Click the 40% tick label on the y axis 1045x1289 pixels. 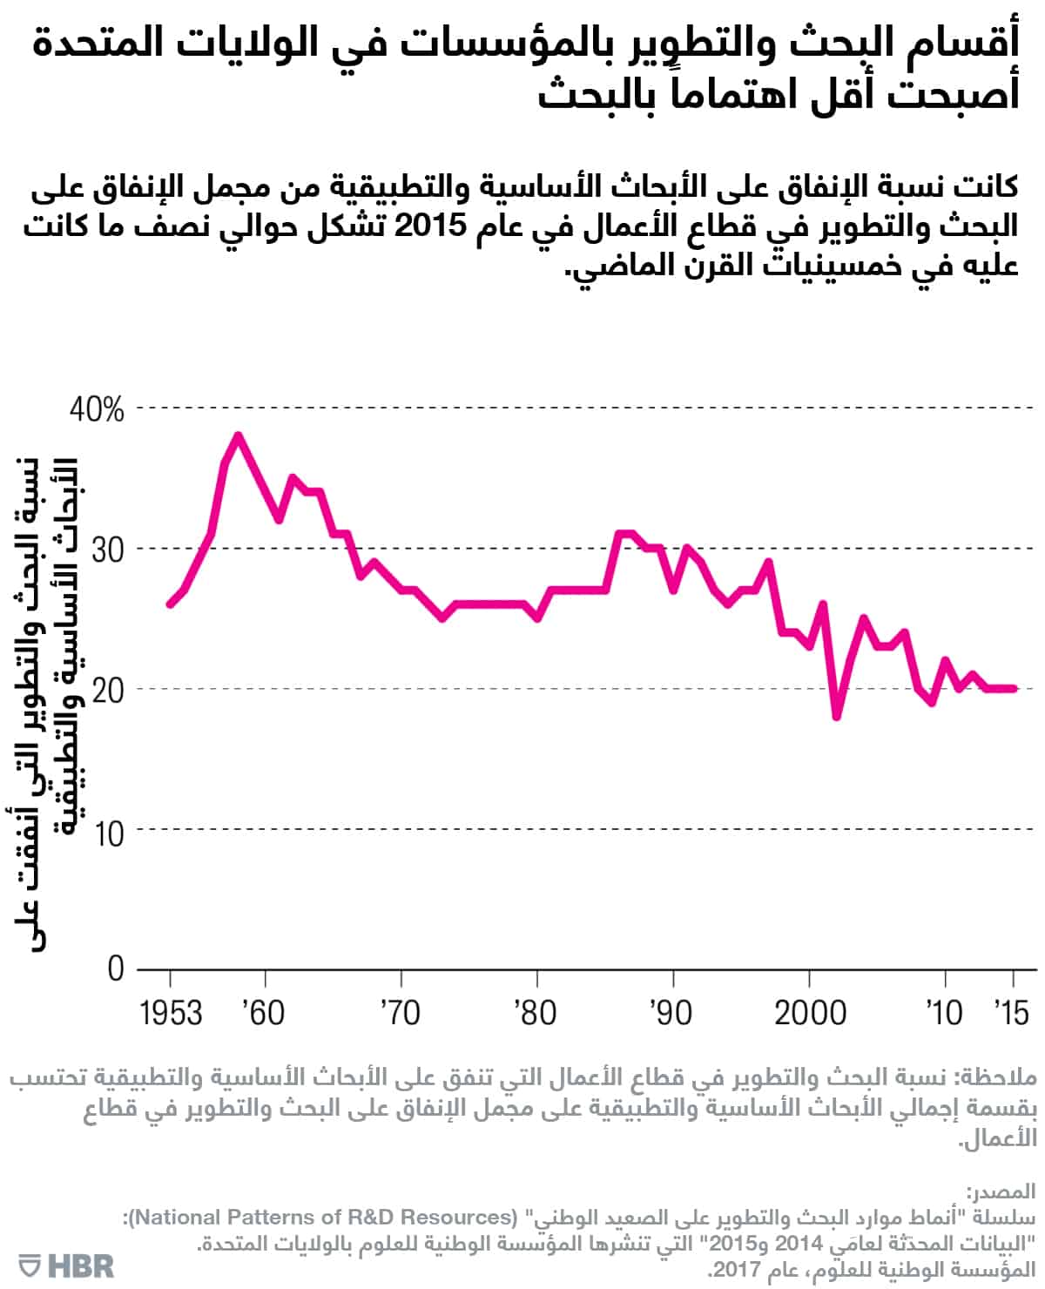tap(97, 409)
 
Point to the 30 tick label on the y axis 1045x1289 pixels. tap(107, 550)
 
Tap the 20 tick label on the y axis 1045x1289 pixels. tap(107, 690)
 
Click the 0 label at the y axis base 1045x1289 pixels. tap(115, 968)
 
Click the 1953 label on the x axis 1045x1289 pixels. tap(171, 1013)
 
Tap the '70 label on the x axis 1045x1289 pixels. tap(400, 1013)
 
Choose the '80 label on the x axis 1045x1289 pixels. tap(536, 1013)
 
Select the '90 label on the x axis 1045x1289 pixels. tap(671, 1013)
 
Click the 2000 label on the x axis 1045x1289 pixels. tap(810, 1013)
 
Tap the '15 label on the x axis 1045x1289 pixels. tap(1011, 1013)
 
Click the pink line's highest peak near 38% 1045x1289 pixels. tap(237, 435)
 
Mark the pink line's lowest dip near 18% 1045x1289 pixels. tap(837, 717)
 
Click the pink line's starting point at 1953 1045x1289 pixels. tap(170, 604)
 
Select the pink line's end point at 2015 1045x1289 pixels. tap(1014, 689)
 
